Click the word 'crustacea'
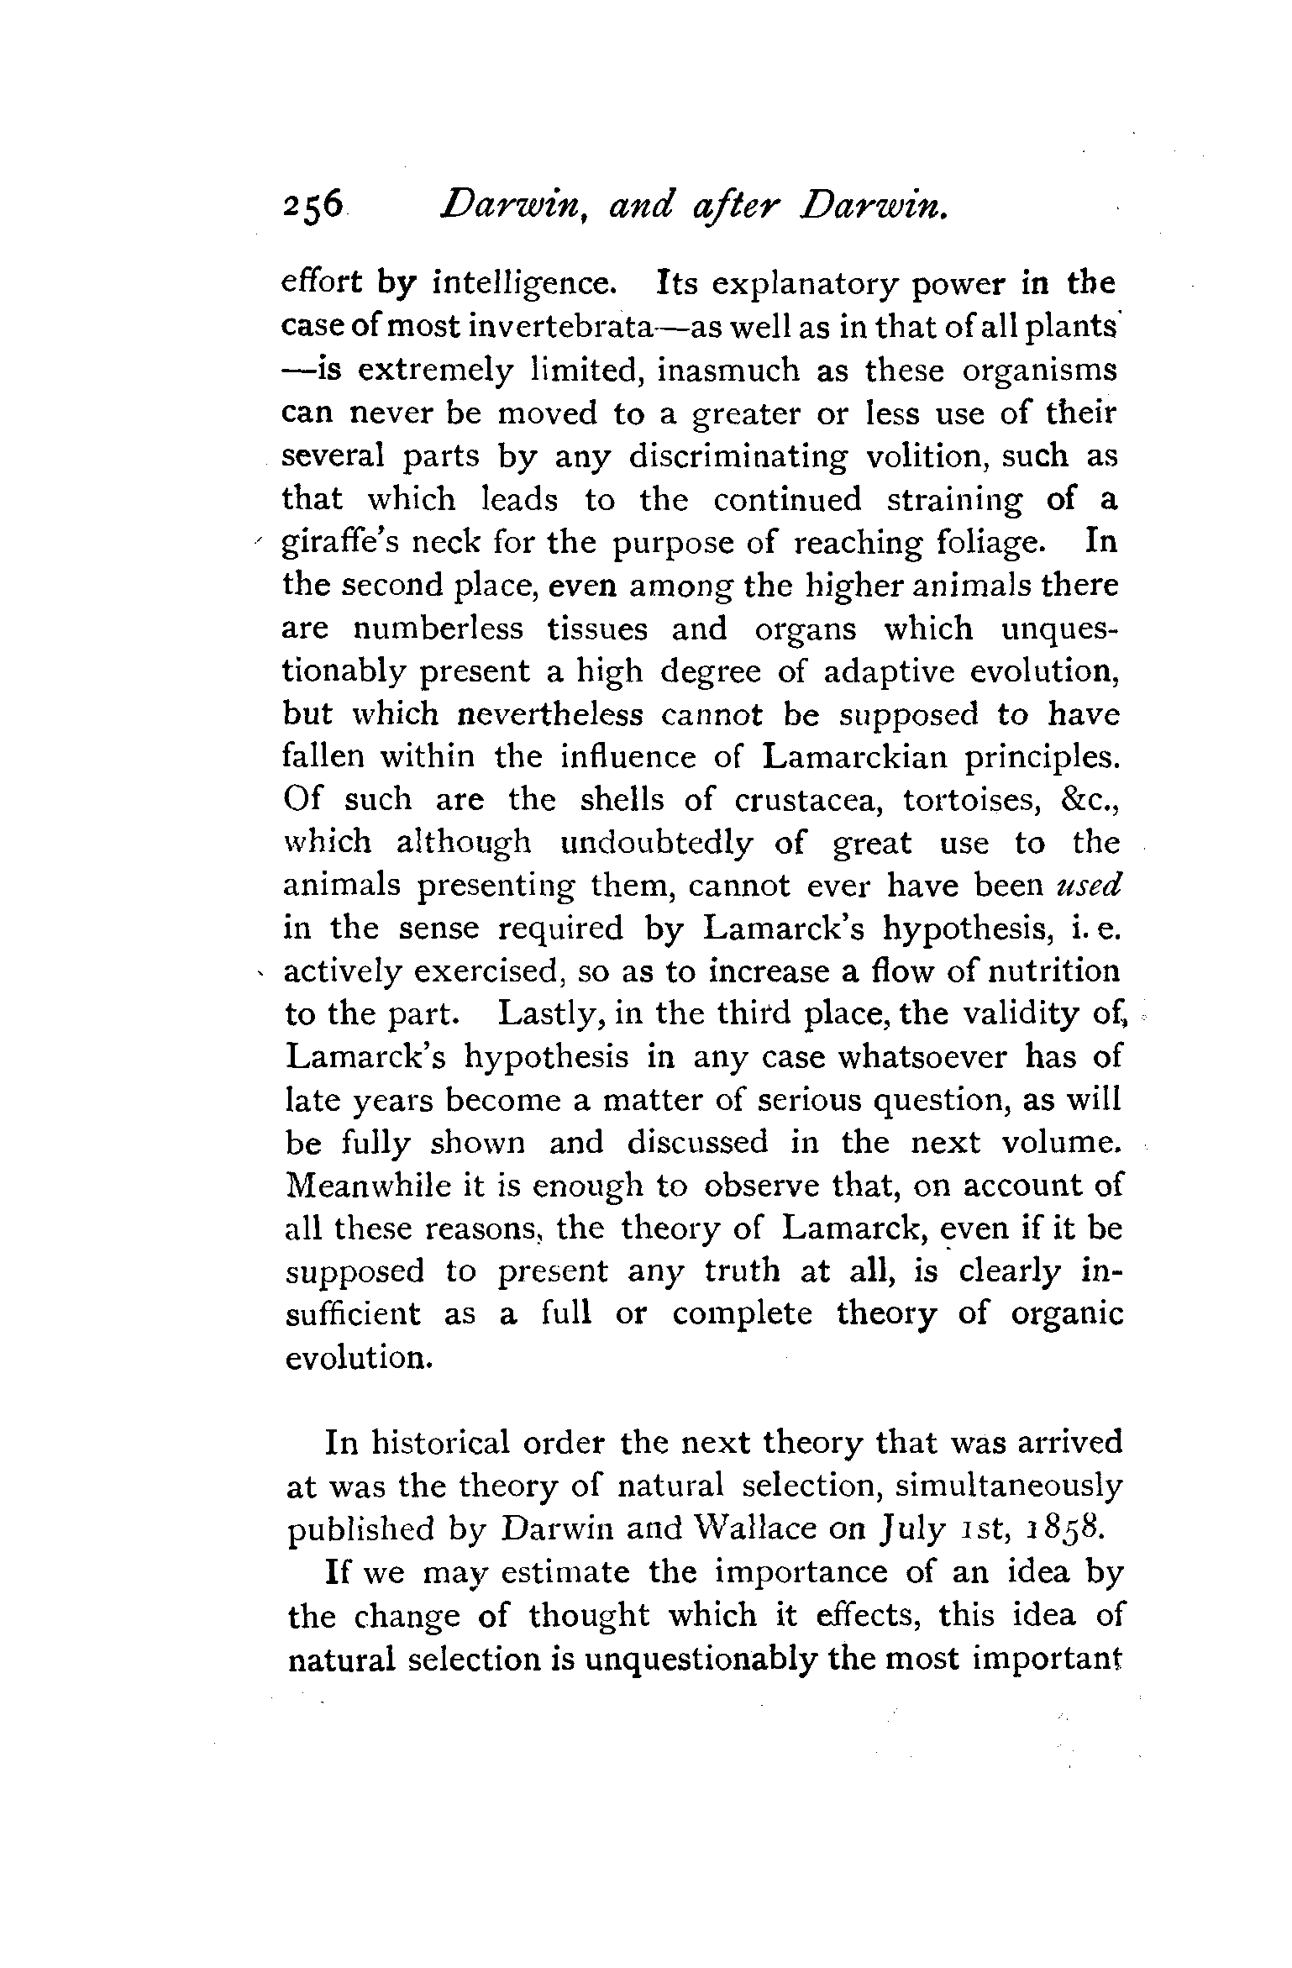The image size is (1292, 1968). (806, 800)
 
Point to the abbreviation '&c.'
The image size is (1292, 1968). (1091, 800)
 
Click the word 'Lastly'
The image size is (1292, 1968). (549, 1015)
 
